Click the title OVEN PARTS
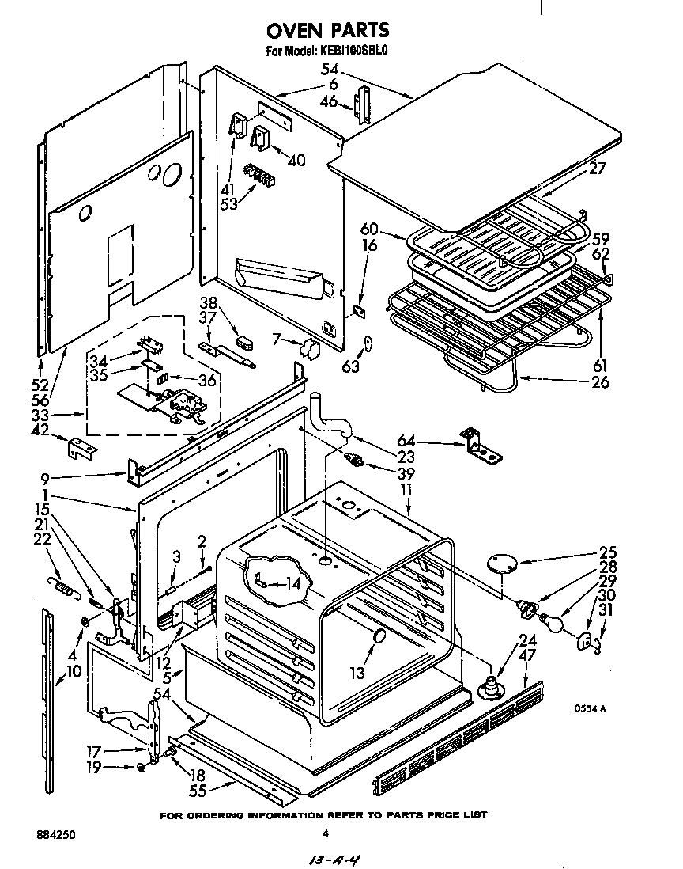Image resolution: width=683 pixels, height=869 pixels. [x=326, y=30]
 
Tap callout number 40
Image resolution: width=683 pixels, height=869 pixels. [x=296, y=160]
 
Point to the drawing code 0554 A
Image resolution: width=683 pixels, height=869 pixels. [x=591, y=708]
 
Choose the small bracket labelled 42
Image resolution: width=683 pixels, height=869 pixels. [x=81, y=448]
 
